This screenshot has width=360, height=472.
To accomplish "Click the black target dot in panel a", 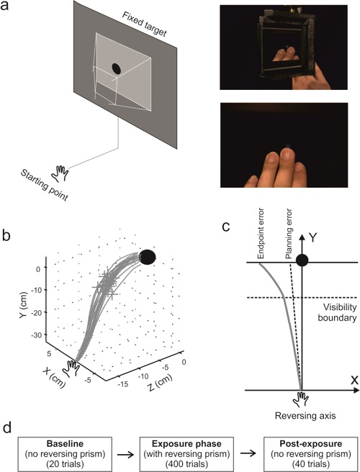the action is click(x=117, y=68).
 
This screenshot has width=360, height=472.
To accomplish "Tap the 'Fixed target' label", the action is click(x=144, y=24).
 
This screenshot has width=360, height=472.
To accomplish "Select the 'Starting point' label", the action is click(x=44, y=184).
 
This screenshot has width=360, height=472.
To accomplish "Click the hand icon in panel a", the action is click(x=60, y=173).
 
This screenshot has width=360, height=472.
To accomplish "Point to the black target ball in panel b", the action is click(x=148, y=257).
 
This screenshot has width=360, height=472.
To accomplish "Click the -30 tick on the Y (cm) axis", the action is click(x=37, y=335).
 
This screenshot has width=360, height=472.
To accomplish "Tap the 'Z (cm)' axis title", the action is click(x=160, y=382).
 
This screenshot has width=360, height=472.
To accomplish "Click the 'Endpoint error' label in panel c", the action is click(x=261, y=233).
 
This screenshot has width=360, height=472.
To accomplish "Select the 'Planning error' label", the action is click(x=289, y=234).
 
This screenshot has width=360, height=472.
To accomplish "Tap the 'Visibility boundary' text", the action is click(x=338, y=312).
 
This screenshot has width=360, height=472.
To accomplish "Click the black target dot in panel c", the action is click(x=302, y=260).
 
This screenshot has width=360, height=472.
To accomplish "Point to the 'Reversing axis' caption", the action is click(x=305, y=416).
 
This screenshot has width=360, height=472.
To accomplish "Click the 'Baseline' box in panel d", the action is click(x=65, y=454).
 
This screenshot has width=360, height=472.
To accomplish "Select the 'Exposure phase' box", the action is click(x=186, y=454).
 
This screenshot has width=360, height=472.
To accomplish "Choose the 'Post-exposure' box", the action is click(x=311, y=454).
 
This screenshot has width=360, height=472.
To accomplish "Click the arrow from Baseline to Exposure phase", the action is click(x=125, y=454).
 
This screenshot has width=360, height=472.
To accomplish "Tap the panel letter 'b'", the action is click(x=6, y=235).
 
